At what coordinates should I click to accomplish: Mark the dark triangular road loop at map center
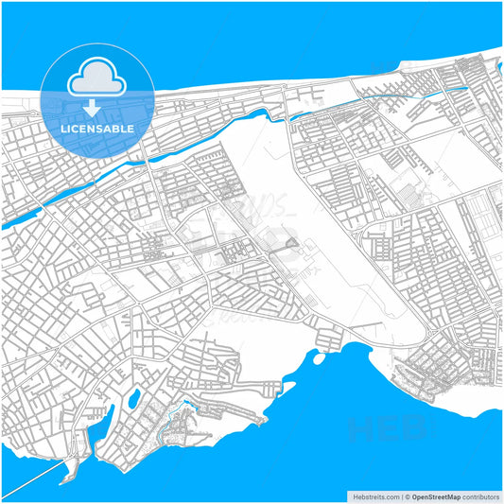(290, 250)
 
